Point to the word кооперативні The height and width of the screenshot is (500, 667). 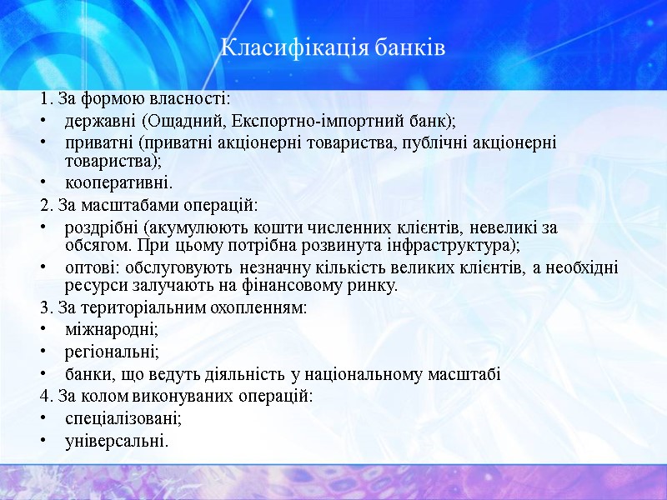tap(118, 182)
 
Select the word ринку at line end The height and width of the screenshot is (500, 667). tap(377, 286)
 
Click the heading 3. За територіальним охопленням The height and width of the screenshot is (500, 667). tap(173, 307)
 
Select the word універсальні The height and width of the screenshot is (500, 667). tap(116, 440)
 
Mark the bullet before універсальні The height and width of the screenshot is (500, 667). tap(43, 441)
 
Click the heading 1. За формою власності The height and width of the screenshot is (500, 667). tap(134, 99)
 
